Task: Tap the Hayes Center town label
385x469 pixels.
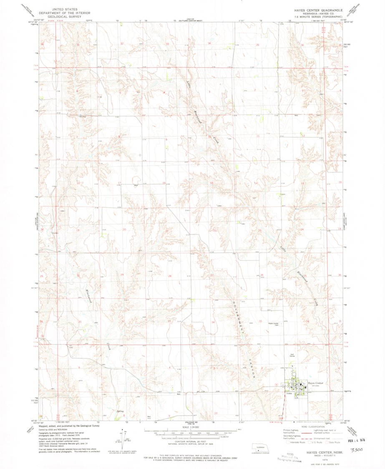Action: coord(315,383)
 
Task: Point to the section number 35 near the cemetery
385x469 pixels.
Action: coord(260,321)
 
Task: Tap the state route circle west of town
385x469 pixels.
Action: coord(276,385)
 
